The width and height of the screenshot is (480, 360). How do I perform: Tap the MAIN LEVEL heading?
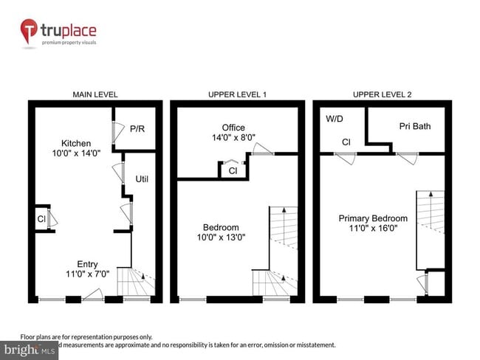pos(95,94)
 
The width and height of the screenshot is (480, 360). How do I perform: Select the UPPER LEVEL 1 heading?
pos(237,94)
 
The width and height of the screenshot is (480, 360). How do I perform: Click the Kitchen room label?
pos(76,143)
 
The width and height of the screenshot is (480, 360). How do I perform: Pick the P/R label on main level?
pos(137,128)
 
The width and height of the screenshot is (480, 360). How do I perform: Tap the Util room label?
pos(142,179)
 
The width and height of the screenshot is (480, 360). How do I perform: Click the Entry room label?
pos(87,264)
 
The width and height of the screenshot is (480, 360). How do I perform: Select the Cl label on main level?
pos(41,219)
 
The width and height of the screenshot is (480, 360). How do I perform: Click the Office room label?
pos(233,128)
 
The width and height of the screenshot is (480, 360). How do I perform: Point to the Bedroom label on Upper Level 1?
pos(222,227)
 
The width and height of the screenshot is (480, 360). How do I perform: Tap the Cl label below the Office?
pos(233,171)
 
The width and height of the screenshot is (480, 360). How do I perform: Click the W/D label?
pos(335,118)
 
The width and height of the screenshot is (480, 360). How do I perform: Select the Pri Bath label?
pos(415,126)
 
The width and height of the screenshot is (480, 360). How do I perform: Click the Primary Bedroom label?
pos(373,218)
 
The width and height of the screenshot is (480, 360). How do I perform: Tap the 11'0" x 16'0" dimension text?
pos(373,229)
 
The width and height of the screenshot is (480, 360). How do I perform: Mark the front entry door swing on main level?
pos(93,295)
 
